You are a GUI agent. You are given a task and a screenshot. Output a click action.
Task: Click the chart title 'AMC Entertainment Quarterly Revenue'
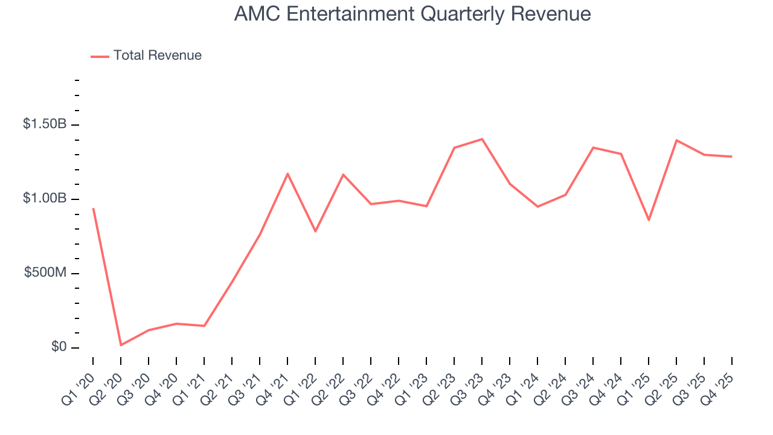tap(412, 14)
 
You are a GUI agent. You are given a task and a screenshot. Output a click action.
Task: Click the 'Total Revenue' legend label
tap(157, 56)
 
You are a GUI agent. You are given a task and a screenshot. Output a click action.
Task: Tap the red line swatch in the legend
tap(100, 56)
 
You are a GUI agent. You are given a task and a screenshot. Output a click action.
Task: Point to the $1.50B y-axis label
tap(44, 124)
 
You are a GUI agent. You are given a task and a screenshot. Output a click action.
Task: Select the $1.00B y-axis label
tap(44, 199)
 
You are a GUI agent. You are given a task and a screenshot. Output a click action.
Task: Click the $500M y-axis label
tap(45, 273)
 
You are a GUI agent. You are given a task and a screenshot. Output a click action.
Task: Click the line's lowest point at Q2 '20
tap(121, 345)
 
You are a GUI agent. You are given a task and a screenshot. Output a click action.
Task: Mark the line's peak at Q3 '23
tap(482, 139)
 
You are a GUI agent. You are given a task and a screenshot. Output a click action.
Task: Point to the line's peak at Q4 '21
tap(287, 173)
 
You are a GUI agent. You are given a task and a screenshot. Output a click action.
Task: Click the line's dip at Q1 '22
tap(315, 231)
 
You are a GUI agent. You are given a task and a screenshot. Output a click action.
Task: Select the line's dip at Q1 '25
tap(649, 220)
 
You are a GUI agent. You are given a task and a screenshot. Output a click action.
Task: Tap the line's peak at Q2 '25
tap(676, 140)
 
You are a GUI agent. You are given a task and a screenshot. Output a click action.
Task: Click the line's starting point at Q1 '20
tap(93, 208)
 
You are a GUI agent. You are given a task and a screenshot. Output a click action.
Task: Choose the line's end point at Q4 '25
tap(732, 156)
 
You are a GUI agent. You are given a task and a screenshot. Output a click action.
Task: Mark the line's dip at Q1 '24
tap(537, 207)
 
